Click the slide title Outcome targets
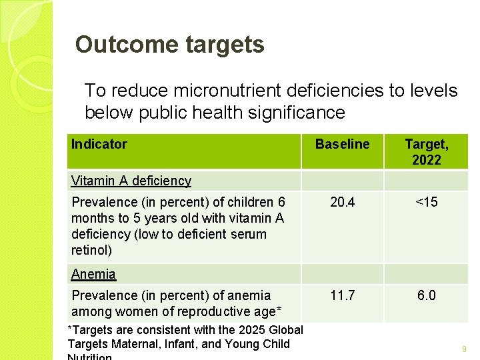point(169,45)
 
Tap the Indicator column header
point(99,144)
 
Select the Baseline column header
point(342,144)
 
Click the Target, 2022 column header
point(427,152)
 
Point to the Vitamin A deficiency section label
point(131,181)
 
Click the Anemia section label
point(93,274)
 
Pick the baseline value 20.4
point(342,202)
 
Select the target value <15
point(427,202)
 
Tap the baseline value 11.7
point(342,295)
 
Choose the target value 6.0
point(427,295)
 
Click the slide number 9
point(463,349)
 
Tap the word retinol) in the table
point(91,251)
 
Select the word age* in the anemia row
point(266,312)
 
